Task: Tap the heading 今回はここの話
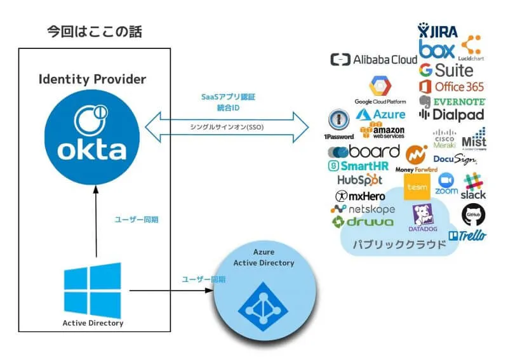[x=95, y=31]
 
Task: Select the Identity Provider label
[x=93, y=79]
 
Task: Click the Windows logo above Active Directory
[x=93, y=290]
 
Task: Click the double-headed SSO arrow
[x=227, y=127]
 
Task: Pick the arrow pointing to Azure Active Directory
[x=171, y=291]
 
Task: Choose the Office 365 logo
[x=451, y=86]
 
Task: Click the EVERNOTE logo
[x=451, y=101]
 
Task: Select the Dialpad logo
[x=451, y=114]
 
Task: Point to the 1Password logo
[x=338, y=123]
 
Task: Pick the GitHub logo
[x=474, y=215]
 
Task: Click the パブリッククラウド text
[x=399, y=244]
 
